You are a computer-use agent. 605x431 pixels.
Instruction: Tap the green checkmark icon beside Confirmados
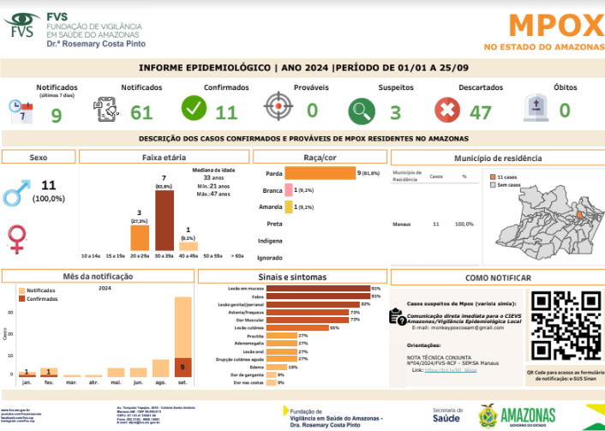click(x=194, y=109)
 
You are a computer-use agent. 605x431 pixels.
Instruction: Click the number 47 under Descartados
click(x=480, y=112)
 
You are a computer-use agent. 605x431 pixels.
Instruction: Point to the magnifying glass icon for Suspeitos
click(x=362, y=111)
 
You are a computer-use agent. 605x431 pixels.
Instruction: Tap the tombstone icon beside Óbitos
click(x=536, y=109)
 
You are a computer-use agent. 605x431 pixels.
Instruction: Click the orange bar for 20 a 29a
click(x=140, y=236)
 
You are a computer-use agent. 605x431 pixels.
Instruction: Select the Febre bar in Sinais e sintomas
click(x=316, y=296)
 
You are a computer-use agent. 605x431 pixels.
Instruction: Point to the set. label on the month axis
click(x=183, y=382)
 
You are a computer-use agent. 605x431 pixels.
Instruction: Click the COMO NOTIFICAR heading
click(x=496, y=278)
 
